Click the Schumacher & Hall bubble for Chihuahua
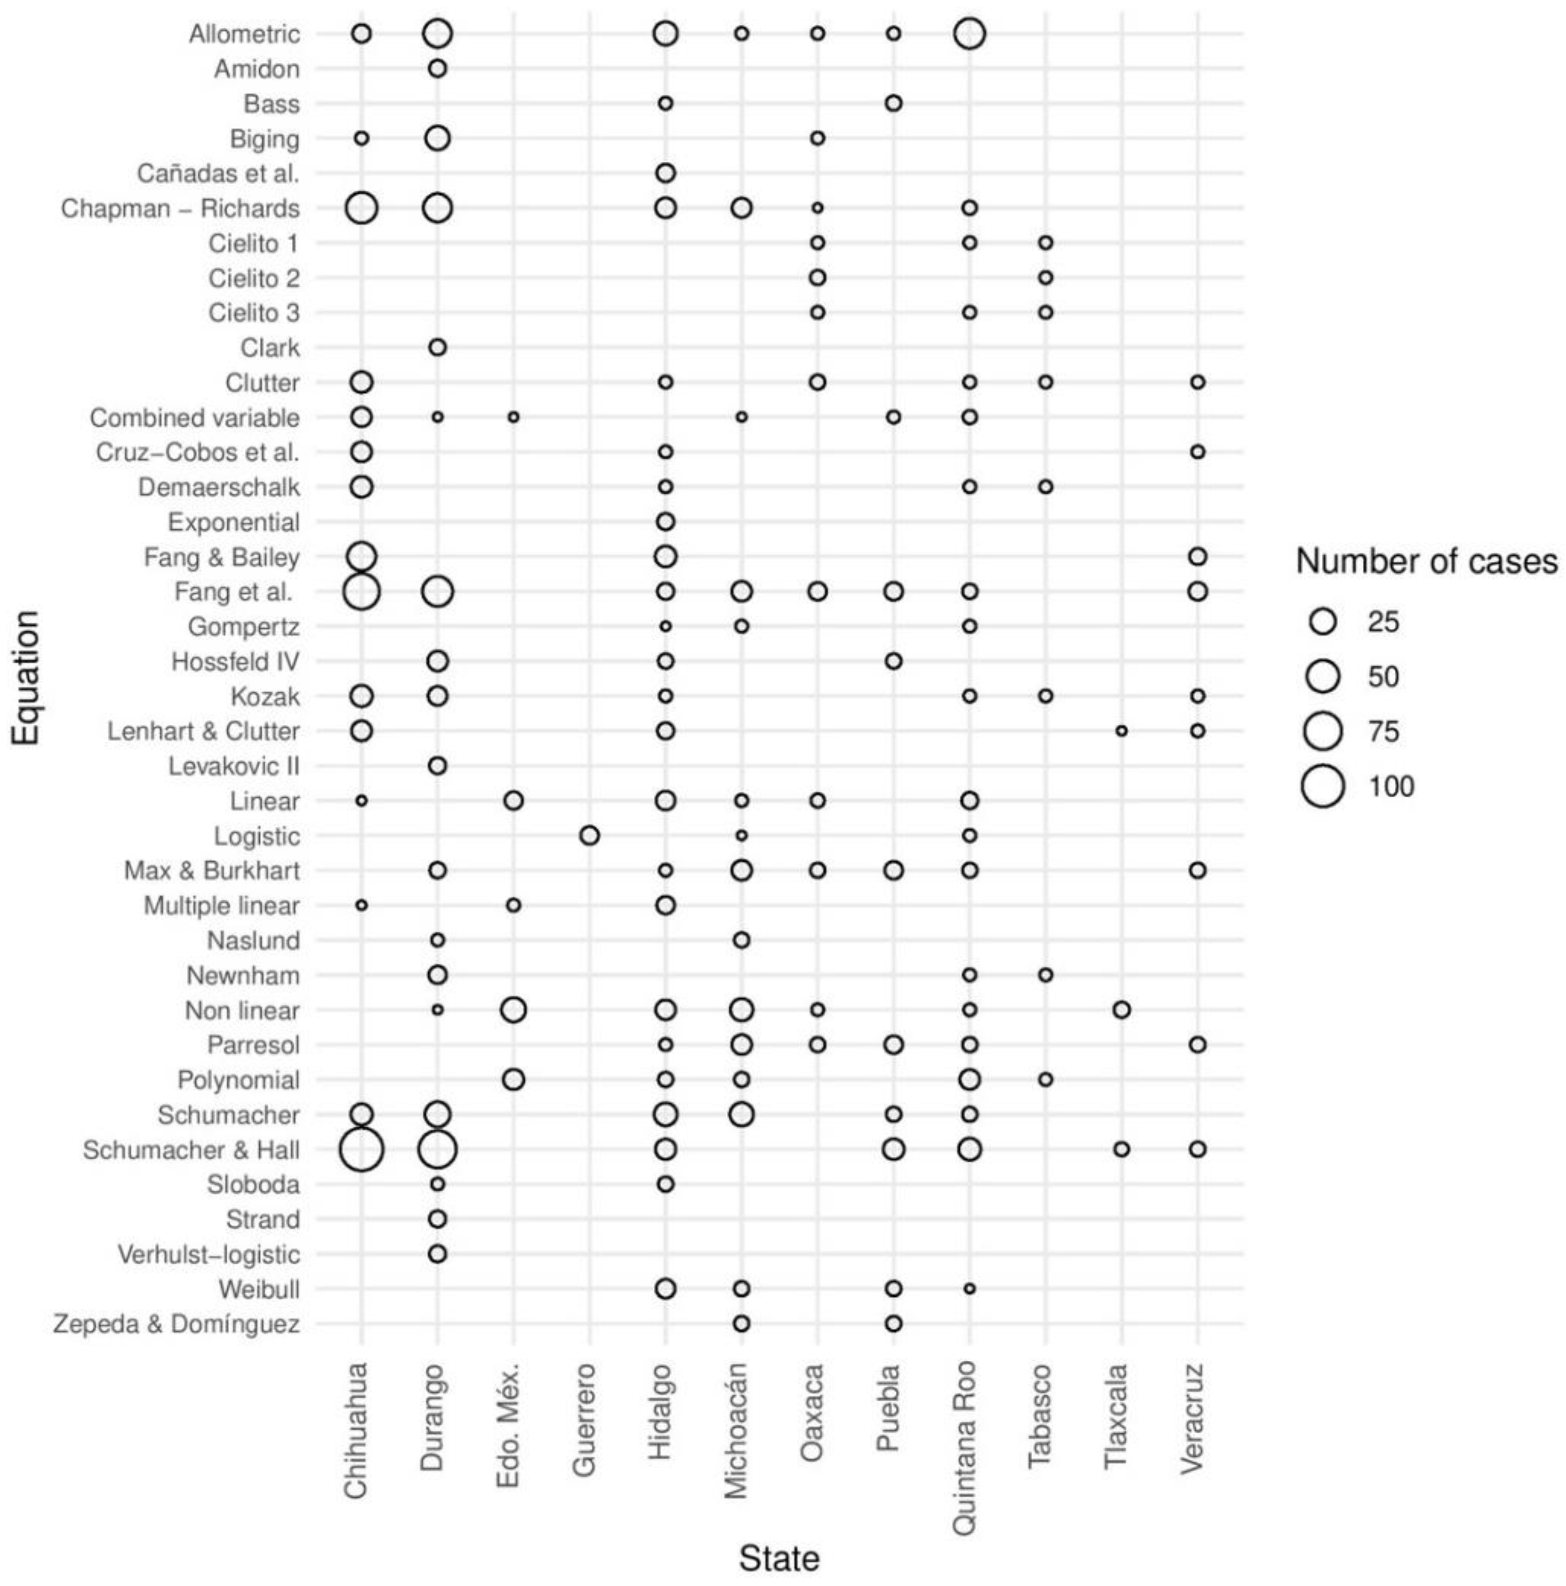361,1149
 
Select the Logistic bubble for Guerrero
589,836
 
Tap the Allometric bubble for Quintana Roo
969,34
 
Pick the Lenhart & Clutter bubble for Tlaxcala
1121,730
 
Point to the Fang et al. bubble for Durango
437,591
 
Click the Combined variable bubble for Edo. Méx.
513,417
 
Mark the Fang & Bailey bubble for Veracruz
1197,556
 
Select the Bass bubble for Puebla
894,103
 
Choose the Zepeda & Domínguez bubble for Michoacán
741,1323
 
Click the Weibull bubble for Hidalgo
666,1289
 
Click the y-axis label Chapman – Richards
181,208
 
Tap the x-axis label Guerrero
584,1420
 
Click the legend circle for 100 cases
1323,787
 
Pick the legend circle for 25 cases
1323,621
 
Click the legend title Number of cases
1426,561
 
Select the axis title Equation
26,678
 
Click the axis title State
779,1558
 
